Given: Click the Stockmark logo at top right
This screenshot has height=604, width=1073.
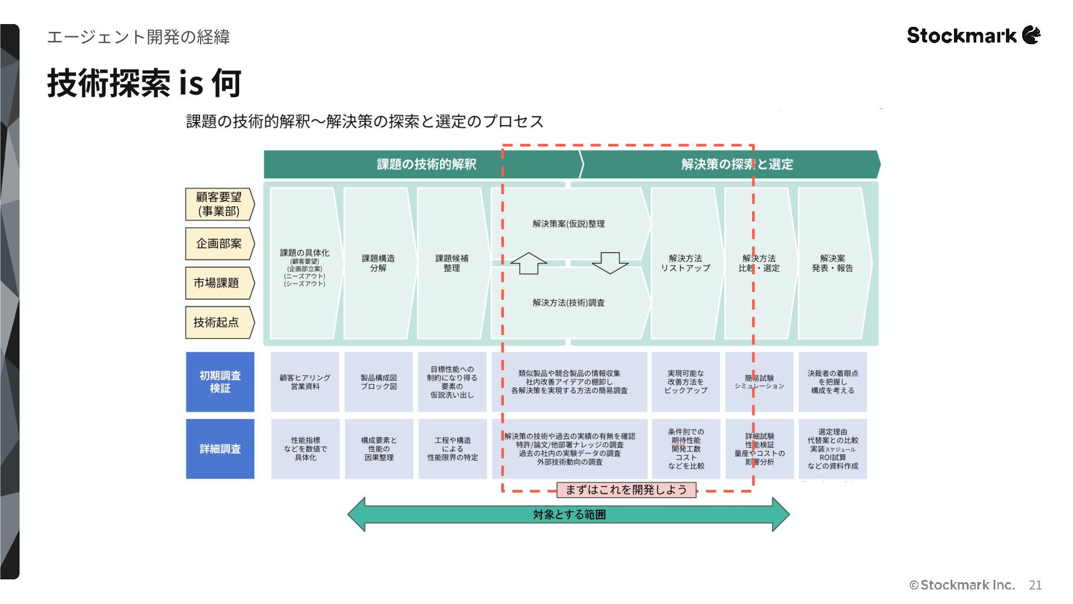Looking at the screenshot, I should [973, 35].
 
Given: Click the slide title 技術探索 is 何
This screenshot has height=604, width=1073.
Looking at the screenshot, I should [144, 83].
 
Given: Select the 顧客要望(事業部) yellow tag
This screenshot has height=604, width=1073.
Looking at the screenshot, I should [219, 204].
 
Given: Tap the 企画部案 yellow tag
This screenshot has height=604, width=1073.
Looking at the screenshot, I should [219, 244].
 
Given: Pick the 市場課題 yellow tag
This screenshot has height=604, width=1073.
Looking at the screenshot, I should [218, 283].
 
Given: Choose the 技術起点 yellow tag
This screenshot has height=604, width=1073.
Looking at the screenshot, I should [218, 322].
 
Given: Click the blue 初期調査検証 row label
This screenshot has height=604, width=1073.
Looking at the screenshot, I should [220, 381].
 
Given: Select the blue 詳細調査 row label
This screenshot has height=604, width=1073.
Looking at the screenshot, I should [220, 449].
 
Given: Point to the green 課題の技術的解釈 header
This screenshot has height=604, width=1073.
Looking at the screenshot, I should [426, 164].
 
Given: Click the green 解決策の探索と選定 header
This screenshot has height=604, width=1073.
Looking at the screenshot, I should [737, 164].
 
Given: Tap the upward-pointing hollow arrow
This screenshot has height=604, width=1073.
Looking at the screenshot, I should [528, 263].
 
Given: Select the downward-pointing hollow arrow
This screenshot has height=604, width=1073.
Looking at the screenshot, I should [610, 263].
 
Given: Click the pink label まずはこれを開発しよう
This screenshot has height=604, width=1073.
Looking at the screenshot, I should [626, 490].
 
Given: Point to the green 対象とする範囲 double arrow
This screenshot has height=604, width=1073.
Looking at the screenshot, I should [568, 515].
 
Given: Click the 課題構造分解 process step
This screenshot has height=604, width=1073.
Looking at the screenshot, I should [378, 263].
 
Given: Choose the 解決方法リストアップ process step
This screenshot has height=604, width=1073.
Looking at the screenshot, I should [685, 263].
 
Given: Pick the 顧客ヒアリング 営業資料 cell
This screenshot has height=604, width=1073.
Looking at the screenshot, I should [305, 382].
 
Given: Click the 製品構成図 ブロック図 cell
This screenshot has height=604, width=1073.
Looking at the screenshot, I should [378, 382].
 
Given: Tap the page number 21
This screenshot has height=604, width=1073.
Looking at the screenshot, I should [1035, 585].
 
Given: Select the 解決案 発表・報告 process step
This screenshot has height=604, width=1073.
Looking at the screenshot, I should [833, 263].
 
